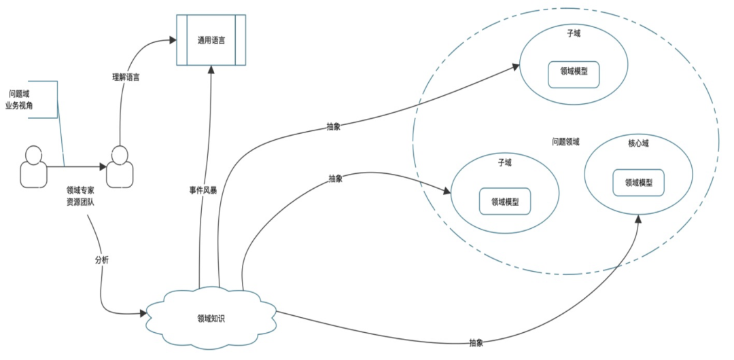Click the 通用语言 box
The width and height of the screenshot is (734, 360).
(x=211, y=40)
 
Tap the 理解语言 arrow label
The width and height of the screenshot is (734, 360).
(x=126, y=77)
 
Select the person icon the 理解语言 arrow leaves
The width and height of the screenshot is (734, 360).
(x=120, y=166)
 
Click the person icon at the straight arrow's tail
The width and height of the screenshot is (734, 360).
(x=32, y=166)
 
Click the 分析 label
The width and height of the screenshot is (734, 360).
(x=101, y=260)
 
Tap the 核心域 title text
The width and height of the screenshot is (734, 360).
(x=638, y=144)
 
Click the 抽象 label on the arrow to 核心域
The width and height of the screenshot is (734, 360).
(x=476, y=343)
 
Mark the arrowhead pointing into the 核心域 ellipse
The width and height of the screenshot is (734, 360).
(x=639, y=219)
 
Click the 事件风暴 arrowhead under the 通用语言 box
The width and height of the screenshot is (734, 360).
(x=211, y=70)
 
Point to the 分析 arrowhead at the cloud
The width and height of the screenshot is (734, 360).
(x=143, y=313)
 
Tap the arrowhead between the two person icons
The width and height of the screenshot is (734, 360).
(x=103, y=166)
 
